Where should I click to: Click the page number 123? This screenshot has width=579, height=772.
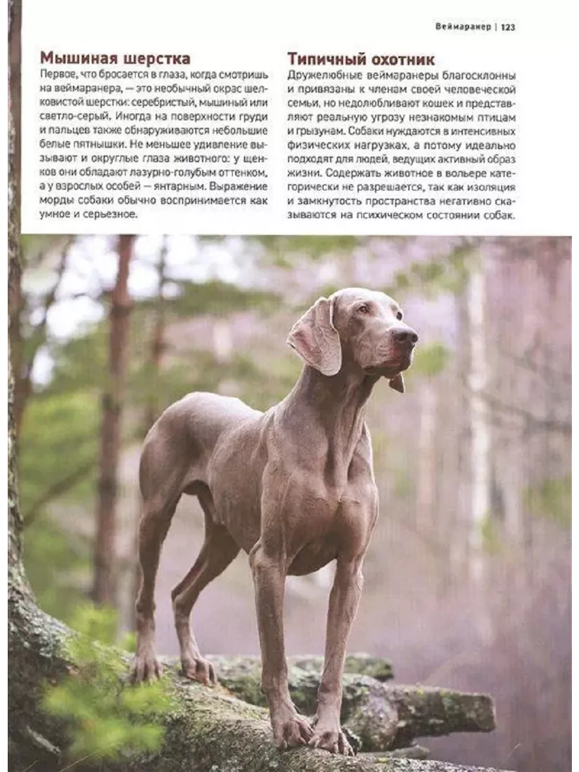point(508,27)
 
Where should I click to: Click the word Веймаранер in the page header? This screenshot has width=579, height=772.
point(463,27)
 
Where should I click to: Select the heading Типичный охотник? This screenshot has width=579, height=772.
point(361,60)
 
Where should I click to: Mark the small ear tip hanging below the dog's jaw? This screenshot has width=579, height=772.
point(397,383)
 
